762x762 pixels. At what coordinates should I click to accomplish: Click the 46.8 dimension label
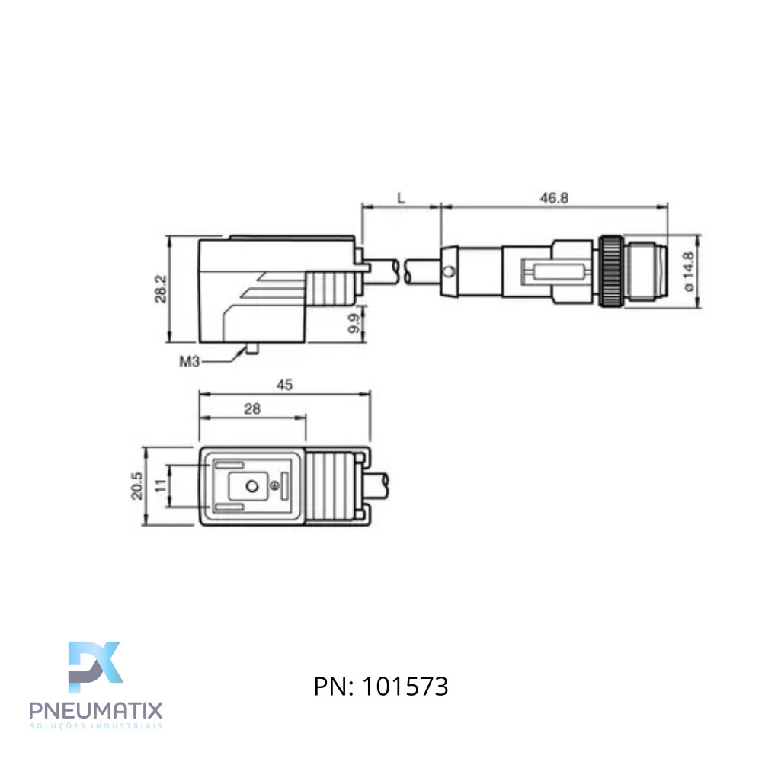(554, 198)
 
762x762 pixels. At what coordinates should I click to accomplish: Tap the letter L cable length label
(401, 198)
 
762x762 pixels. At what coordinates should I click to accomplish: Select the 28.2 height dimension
(161, 289)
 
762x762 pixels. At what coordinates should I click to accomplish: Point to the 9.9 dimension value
(354, 323)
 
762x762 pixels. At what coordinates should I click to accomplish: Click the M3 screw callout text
(190, 361)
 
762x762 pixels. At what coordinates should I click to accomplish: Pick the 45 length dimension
(285, 385)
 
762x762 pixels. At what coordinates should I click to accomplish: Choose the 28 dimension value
(252, 408)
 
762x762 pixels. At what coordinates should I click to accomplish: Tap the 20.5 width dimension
(137, 485)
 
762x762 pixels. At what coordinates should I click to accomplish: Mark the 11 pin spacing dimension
(161, 485)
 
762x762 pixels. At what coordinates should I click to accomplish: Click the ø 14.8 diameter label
(688, 271)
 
